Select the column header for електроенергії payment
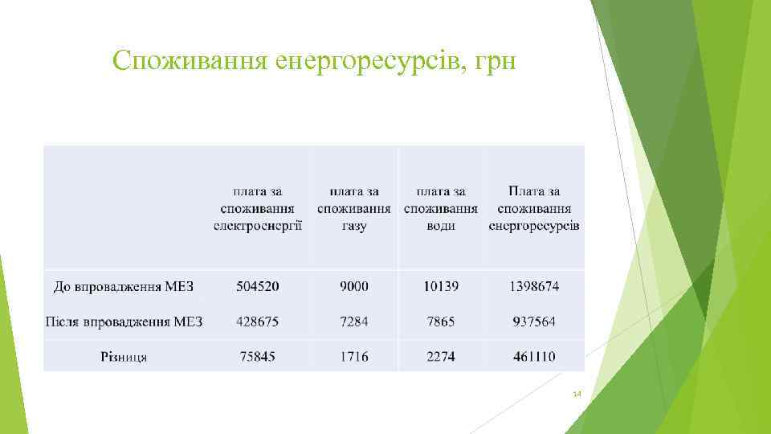point(258,209)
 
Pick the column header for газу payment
point(354,209)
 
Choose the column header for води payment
point(441,209)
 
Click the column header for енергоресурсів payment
point(534,209)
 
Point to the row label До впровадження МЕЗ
point(124,287)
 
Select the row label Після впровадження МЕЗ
point(124,322)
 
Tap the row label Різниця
point(124,357)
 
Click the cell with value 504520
point(258,286)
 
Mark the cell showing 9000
point(354,286)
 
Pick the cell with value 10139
point(441,286)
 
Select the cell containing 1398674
point(534,286)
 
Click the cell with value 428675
point(258,321)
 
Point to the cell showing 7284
point(354,321)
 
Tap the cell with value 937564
point(534,321)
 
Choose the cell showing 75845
point(258,356)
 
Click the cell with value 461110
point(534,356)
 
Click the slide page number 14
point(577,395)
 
